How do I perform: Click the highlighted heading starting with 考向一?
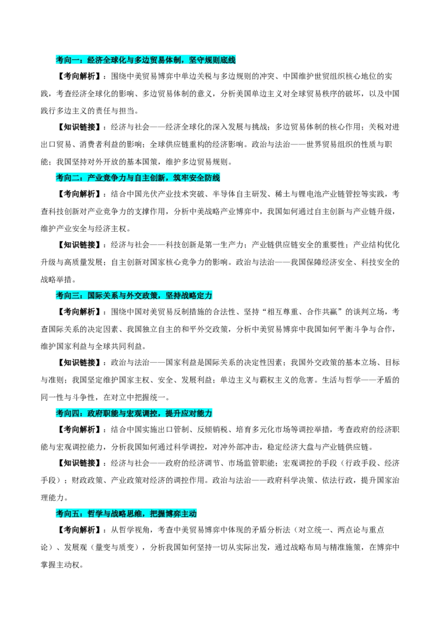point(146,60)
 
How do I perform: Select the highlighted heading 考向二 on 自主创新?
point(138,178)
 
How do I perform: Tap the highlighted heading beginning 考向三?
point(134,295)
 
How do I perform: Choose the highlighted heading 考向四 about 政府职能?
point(134,413)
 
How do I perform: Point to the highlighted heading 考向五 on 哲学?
point(126,513)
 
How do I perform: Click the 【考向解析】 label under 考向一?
point(78,76)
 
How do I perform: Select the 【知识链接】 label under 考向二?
point(78,245)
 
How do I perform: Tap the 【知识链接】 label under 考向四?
point(78,463)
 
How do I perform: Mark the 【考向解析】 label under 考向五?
point(78,530)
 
